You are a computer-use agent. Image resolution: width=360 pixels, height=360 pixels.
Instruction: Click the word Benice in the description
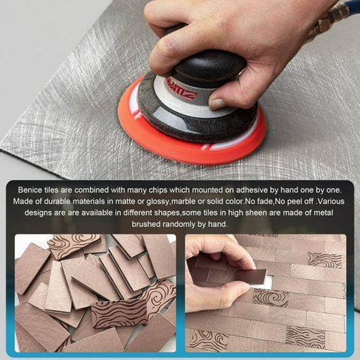click(31, 189)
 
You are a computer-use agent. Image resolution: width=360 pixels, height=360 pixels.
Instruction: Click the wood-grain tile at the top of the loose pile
click(72, 245)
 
